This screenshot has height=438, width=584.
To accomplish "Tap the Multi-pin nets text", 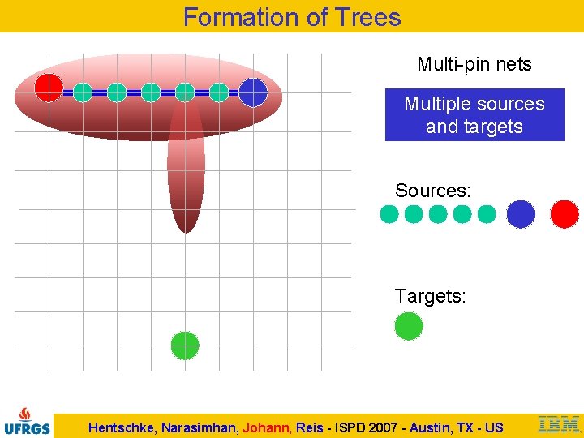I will (474, 64).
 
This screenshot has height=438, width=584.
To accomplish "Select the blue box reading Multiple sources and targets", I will (474, 115).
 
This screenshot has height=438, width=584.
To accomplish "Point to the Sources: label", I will (432, 191).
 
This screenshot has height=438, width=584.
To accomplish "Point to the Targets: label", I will (430, 297).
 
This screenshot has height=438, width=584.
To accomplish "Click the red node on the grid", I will (49, 88).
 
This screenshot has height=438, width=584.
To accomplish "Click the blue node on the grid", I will (253, 92).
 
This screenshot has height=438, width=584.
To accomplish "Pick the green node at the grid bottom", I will (185, 346).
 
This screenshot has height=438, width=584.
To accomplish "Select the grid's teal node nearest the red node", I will (83, 92).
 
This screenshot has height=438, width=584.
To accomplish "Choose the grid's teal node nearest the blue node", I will (219, 92).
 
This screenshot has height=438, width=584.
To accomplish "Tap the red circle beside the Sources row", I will (565, 214).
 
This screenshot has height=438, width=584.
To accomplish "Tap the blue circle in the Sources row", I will (521, 214).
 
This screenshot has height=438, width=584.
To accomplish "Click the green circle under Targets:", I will (409, 326).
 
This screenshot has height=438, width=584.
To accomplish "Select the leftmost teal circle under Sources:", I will (389, 214).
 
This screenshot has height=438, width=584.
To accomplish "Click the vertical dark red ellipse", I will (186, 178).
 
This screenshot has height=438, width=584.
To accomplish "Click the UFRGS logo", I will (27, 420).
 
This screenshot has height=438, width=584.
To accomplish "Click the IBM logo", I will (559, 424).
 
